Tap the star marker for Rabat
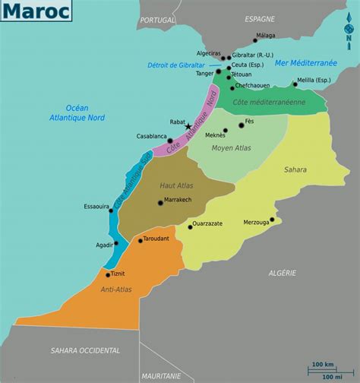[x=188, y=127]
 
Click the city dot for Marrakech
[x=160, y=202]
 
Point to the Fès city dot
[x=242, y=125]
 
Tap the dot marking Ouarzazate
[x=191, y=226]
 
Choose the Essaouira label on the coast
[x=97, y=206]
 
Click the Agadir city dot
[x=117, y=244]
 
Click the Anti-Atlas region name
[x=114, y=289]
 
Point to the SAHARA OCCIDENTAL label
[x=85, y=350]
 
